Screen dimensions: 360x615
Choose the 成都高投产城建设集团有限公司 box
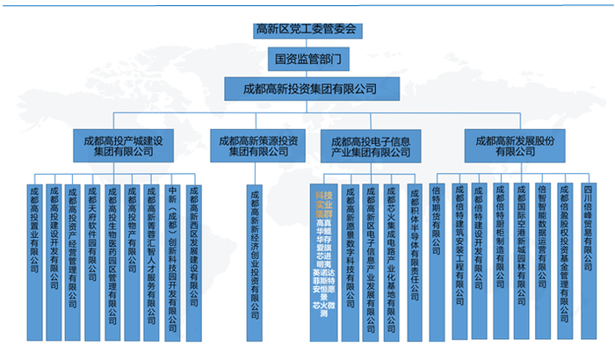coord(123,144)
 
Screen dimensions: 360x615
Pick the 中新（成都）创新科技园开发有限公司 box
coord(173,260)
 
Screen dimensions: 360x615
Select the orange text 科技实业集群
coord(323,201)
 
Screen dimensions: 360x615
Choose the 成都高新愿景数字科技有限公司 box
coord(351,260)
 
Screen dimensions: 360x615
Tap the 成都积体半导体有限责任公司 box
coord(412,260)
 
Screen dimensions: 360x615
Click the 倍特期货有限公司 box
coord(437,260)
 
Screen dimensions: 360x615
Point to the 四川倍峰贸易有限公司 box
coord(588,260)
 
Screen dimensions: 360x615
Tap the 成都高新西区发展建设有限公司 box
coord(194,260)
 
